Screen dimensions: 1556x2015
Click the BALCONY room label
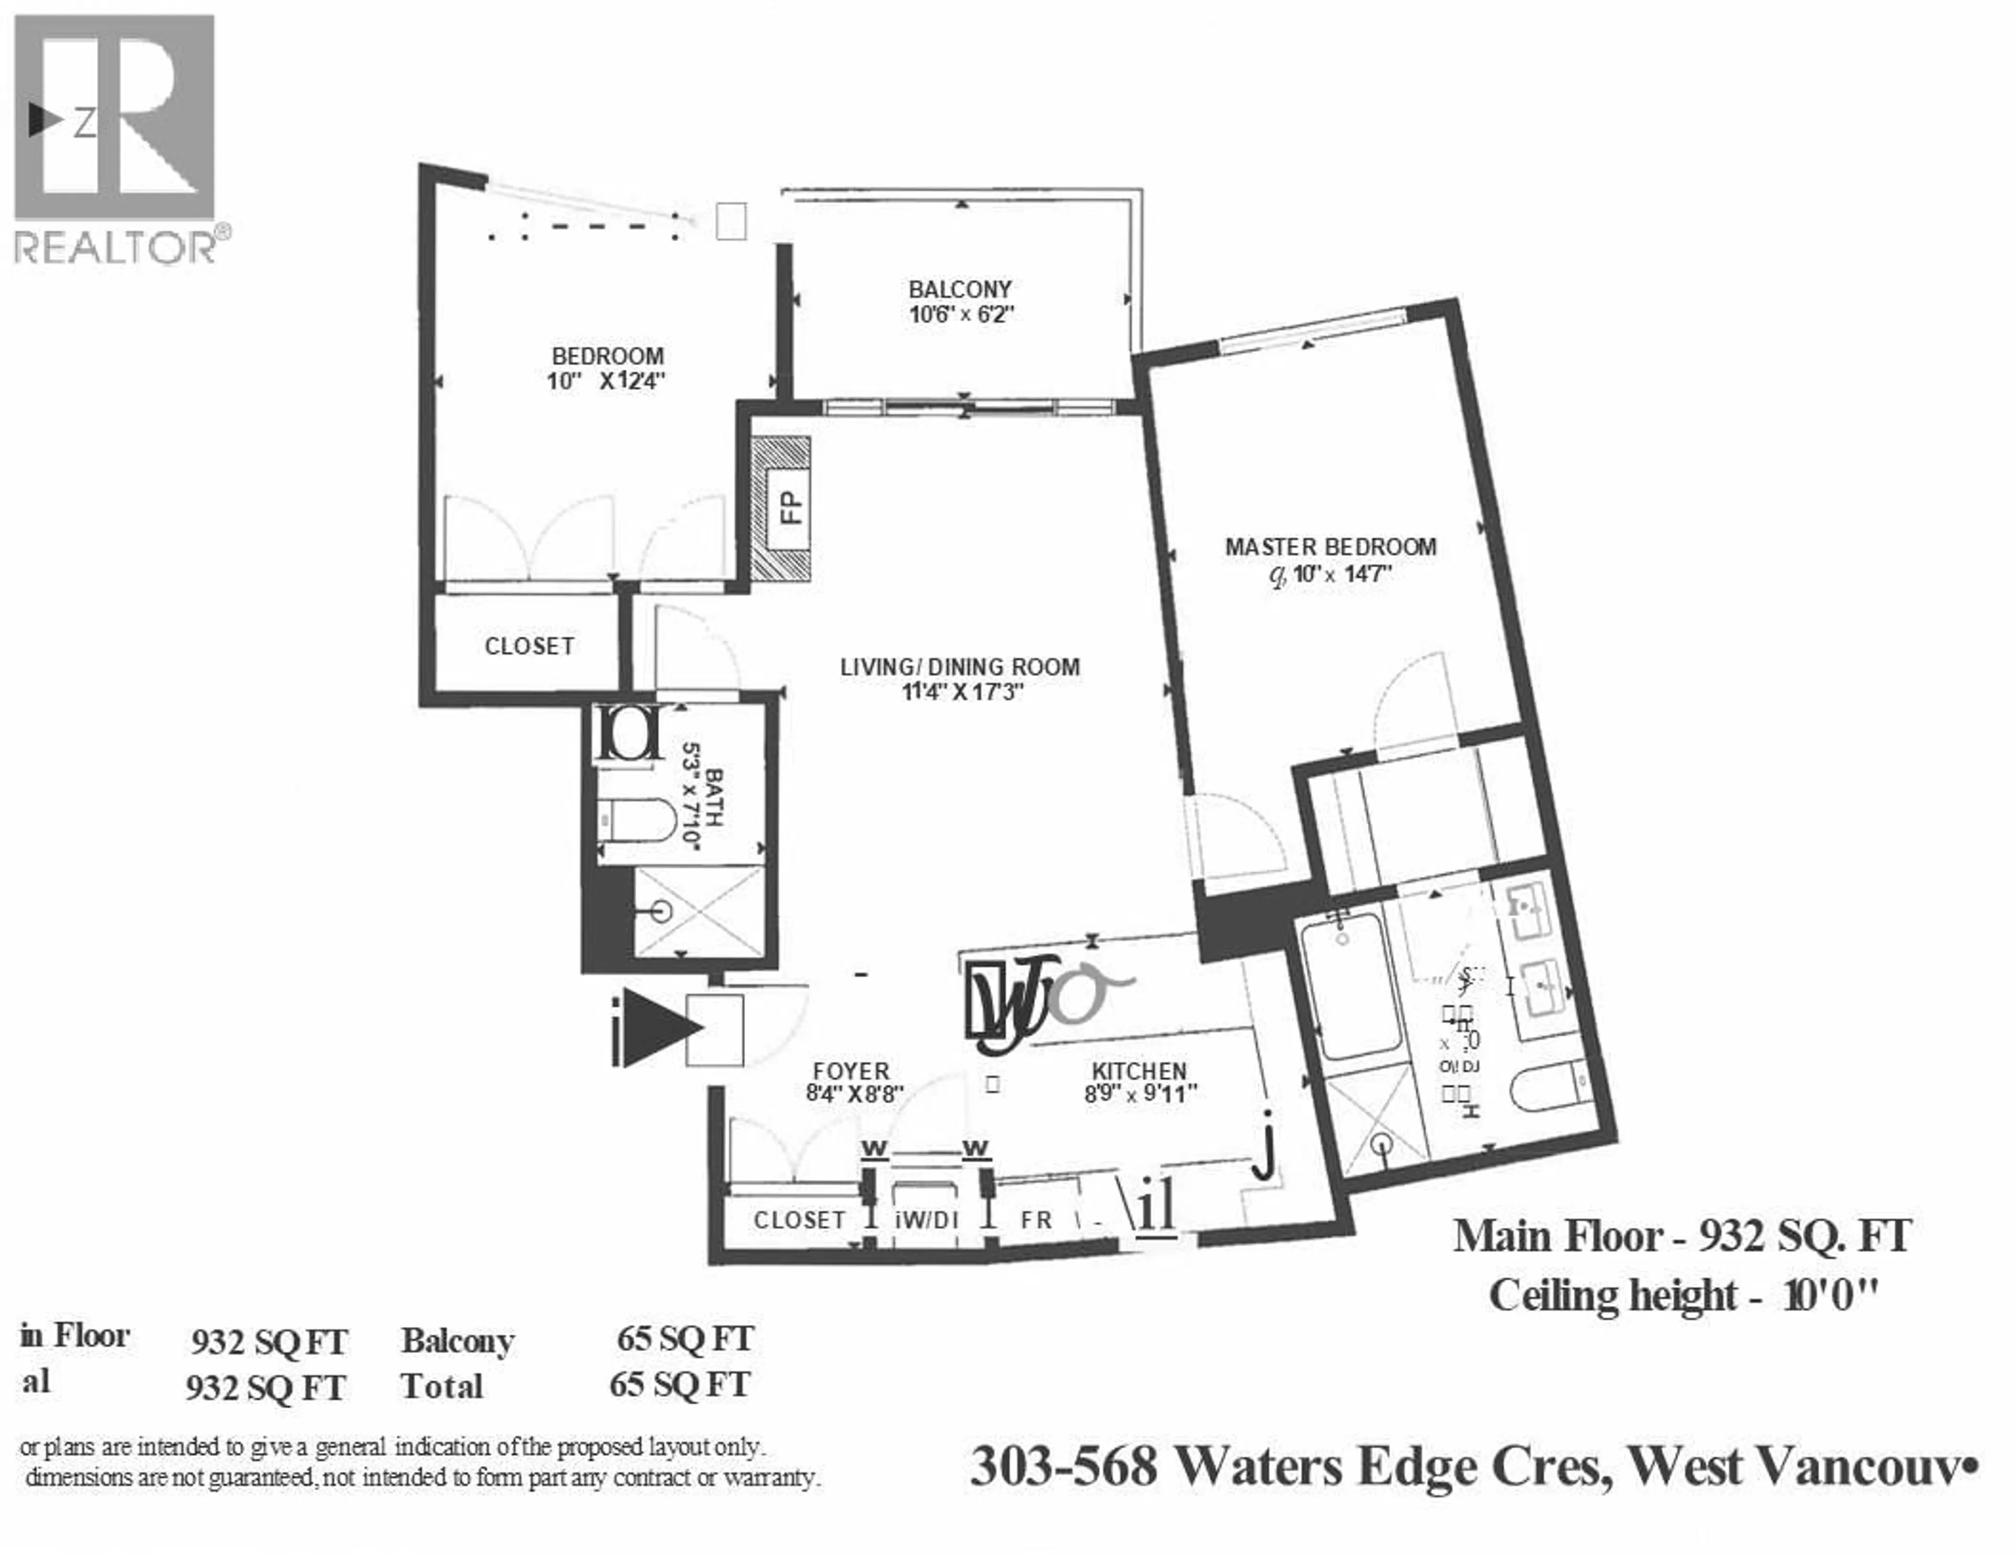[x=960, y=289]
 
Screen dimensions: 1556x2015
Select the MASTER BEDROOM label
[x=1330, y=547]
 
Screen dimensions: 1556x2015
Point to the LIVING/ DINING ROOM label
[x=960, y=667]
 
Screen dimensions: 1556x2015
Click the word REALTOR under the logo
[x=115, y=247]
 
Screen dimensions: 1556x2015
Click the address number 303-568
[x=1064, y=1466]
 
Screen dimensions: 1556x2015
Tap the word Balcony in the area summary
[x=458, y=1341]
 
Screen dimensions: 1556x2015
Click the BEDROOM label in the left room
[x=607, y=356]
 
